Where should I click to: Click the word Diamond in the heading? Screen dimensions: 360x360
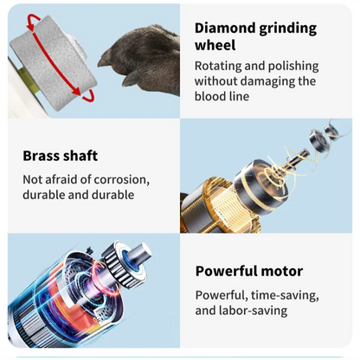coord(225,29)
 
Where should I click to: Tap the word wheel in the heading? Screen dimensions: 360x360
coord(215,45)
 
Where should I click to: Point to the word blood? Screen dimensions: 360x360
coord(209,96)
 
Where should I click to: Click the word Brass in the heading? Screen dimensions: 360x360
coord(41,156)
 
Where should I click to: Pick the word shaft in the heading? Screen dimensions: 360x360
coord(80,156)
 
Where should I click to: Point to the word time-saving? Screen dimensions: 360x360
coord(285,296)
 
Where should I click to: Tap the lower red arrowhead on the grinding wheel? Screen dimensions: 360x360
coord(76,92)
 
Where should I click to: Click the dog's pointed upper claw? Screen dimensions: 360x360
coord(103,60)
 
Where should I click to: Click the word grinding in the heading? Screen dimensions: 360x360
coord(288,29)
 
